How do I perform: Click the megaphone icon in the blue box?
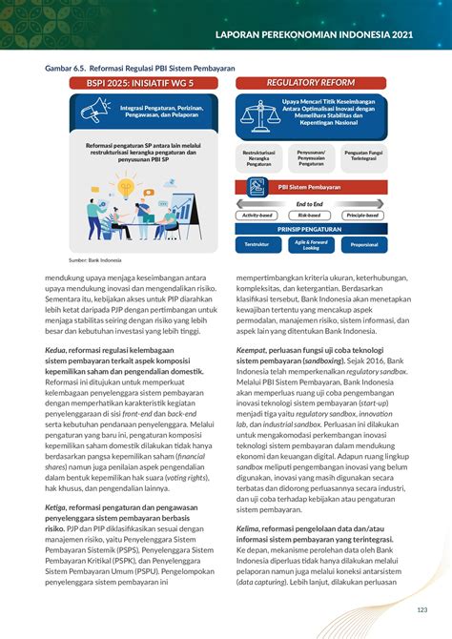pyautogui.click(x=95, y=112)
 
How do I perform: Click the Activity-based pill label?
pyautogui.click(x=257, y=216)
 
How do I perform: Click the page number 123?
pyautogui.click(x=420, y=610)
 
